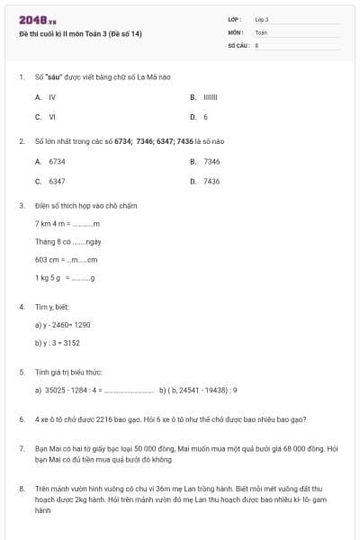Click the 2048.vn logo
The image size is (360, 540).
tap(37, 19)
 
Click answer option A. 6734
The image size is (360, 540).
tap(50, 161)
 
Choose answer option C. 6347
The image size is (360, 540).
tap(50, 181)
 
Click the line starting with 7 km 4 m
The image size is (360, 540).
tap(67, 223)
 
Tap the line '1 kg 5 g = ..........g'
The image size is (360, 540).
tap(65, 278)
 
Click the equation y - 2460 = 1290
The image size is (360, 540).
tap(63, 324)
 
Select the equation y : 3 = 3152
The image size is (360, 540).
tap(58, 342)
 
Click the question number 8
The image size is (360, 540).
tap(21, 489)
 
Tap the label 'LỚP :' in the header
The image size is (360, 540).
tap(235, 19)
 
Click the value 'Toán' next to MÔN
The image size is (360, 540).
tap(261, 31)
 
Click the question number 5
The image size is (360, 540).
tap(21, 371)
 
